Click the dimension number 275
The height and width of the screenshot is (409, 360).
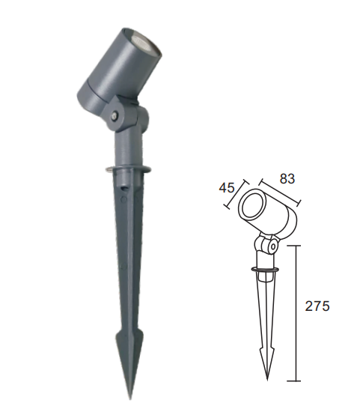point(317,306)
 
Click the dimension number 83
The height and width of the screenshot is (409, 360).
point(287,179)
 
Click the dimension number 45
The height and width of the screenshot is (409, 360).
point(227,187)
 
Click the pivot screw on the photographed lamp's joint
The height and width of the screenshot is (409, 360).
point(115,115)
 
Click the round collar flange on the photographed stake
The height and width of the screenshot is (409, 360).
point(128,169)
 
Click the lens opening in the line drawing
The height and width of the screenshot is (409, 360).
point(253,206)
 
